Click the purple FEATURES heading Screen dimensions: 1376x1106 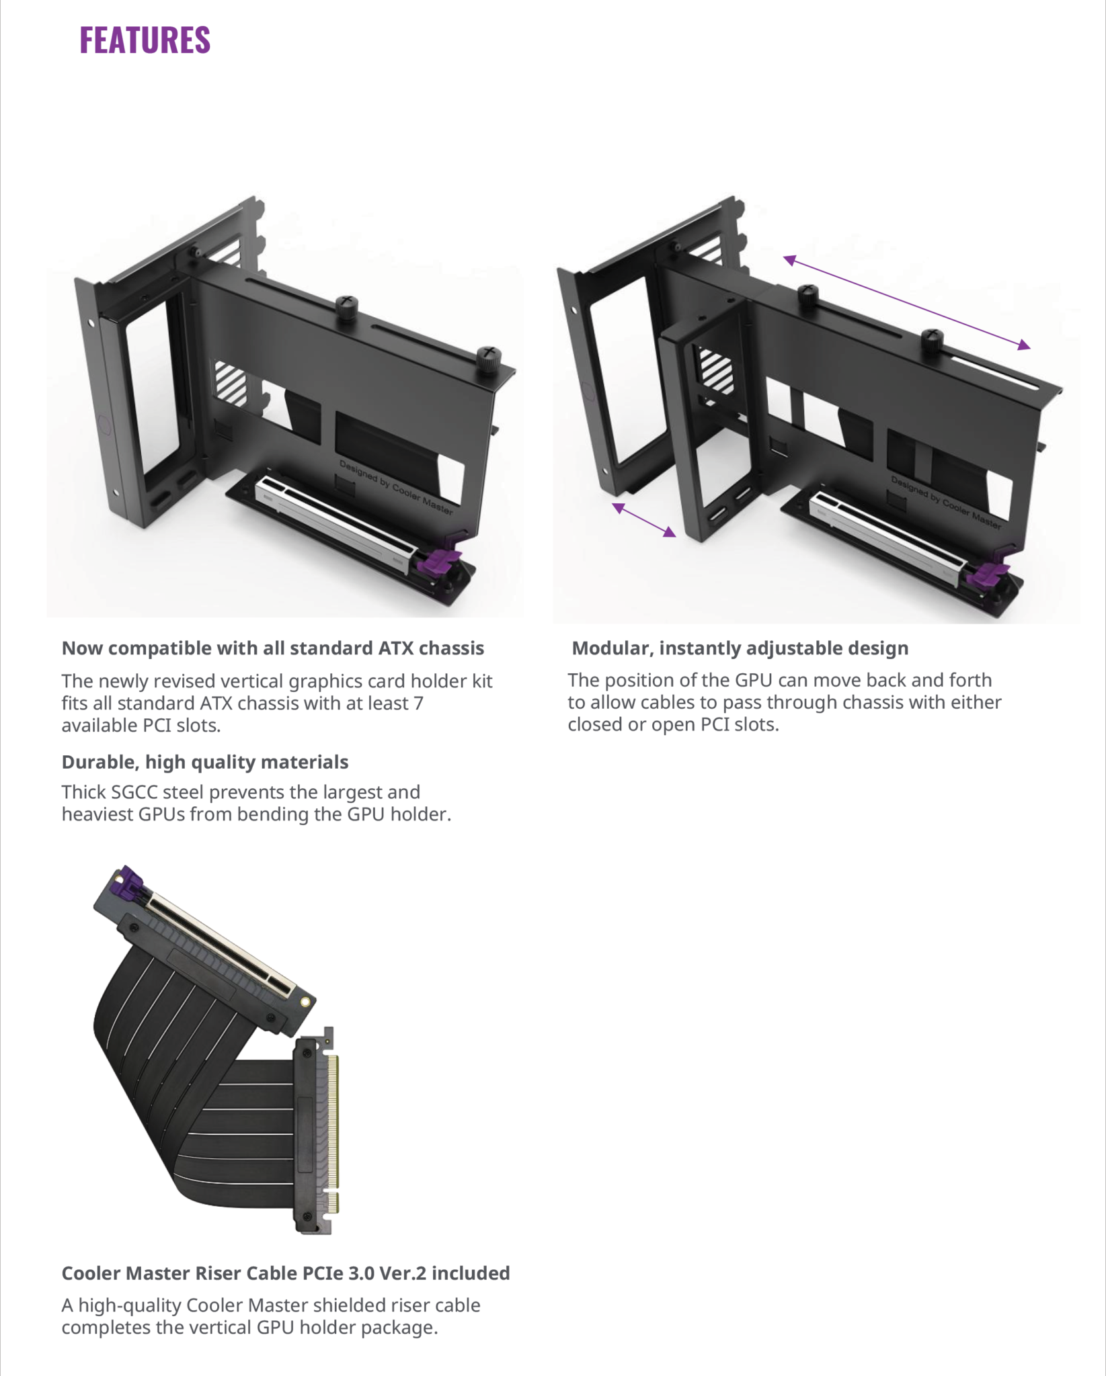tap(145, 40)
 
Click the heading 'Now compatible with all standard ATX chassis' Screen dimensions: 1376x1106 tap(272, 648)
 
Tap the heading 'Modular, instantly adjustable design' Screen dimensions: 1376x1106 tap(740, 648)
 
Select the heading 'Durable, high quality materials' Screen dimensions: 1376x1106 tap(204, 762)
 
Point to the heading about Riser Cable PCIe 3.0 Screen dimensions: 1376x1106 tap(285, 1273)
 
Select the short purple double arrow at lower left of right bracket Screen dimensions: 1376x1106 tap(644, 520)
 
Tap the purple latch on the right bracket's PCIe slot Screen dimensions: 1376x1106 tap(991, 573)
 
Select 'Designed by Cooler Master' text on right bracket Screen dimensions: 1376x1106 tap(945, 502)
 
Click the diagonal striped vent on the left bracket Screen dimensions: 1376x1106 tap(231, 382)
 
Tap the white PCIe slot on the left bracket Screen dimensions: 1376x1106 tap(336, 524)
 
